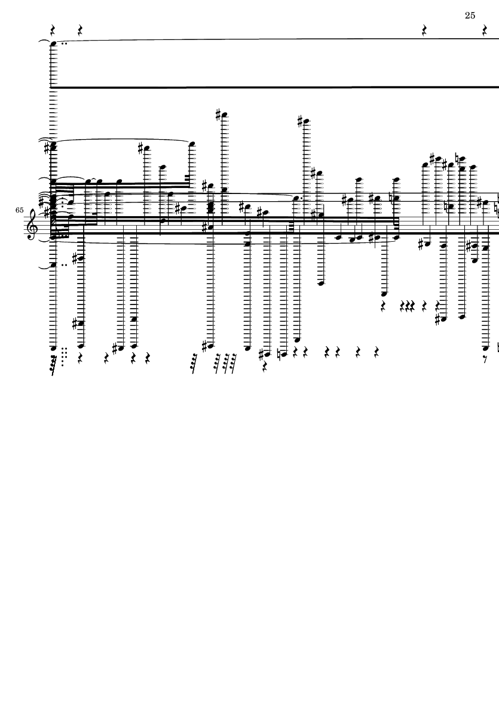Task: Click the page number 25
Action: coord(470,16)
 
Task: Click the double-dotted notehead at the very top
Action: coord(53,44)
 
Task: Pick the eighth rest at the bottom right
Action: coord(485,360)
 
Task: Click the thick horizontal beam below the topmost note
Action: coord(275,87)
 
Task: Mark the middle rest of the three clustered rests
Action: coord(408,306)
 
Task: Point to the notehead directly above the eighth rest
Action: coord(485,347)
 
